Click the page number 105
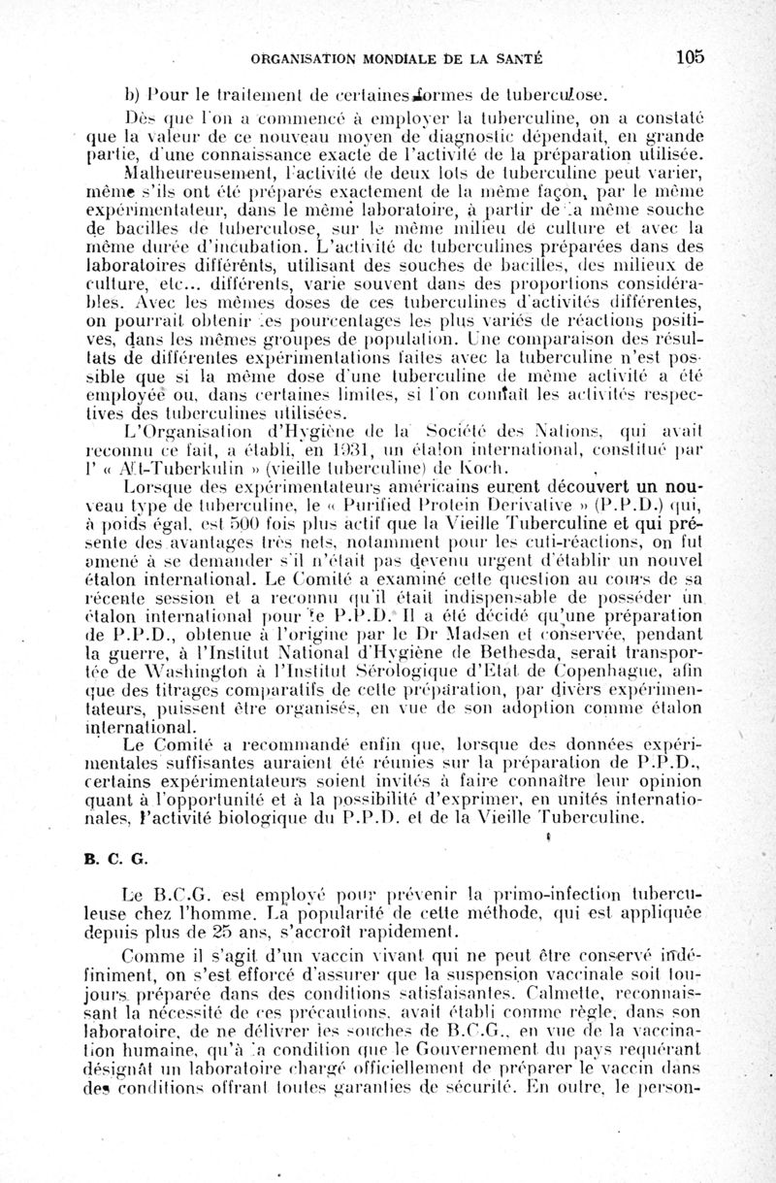691,57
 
